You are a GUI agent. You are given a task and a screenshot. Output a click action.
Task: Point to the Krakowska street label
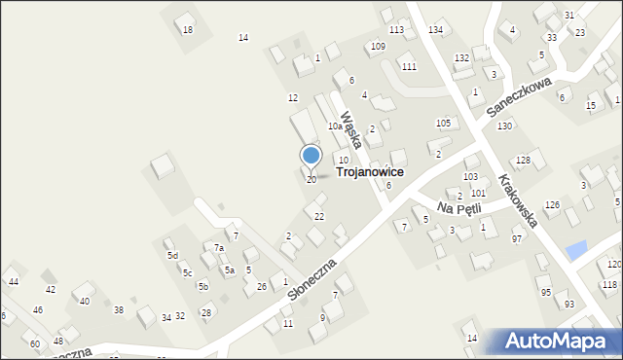[517, 201]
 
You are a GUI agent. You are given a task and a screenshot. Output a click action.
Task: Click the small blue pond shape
[576, 250]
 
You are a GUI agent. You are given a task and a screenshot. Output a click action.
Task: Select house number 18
[188, 30]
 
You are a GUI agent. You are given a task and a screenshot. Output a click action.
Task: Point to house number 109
[378, 47]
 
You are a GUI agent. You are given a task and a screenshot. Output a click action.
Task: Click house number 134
[435, 31]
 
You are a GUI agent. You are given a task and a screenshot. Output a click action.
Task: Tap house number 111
[409, 66]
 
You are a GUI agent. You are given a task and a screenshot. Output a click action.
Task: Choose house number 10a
[335, 126]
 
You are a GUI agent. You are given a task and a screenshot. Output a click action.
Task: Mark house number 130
[504, 127]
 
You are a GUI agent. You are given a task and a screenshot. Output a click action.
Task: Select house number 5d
[172, 256]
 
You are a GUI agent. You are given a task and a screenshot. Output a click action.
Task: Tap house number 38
[119, 309]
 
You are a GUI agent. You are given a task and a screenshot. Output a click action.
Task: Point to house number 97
[517, 238]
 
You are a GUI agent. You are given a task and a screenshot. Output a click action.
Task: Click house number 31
[568, 16]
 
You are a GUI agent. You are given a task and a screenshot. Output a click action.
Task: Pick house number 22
[319, 216]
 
